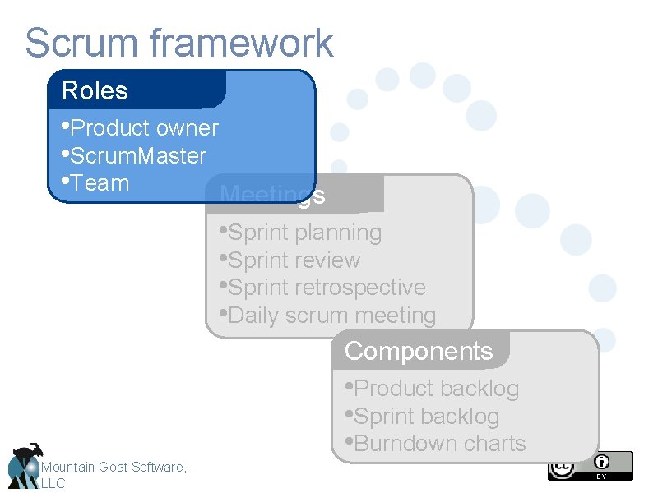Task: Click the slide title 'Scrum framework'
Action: click(x=178, y=43)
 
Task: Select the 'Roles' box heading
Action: click(x=95, y=90)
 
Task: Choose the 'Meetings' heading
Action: click(x=272, y=196)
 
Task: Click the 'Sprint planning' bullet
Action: click(x=301, y=233)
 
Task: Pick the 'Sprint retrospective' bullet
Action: click(x=323, y=288)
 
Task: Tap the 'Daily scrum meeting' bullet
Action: click(x=328, y=315)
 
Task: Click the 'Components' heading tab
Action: click(x=419, y=351)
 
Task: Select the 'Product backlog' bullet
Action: click(x=433, y=388)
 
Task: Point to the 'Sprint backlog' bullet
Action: click(x=423, y=416)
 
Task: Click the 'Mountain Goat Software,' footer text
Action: click(x=114, y=467)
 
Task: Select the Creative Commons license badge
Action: click(x=590, y=466)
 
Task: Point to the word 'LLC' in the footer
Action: click(x=53, y=483)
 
